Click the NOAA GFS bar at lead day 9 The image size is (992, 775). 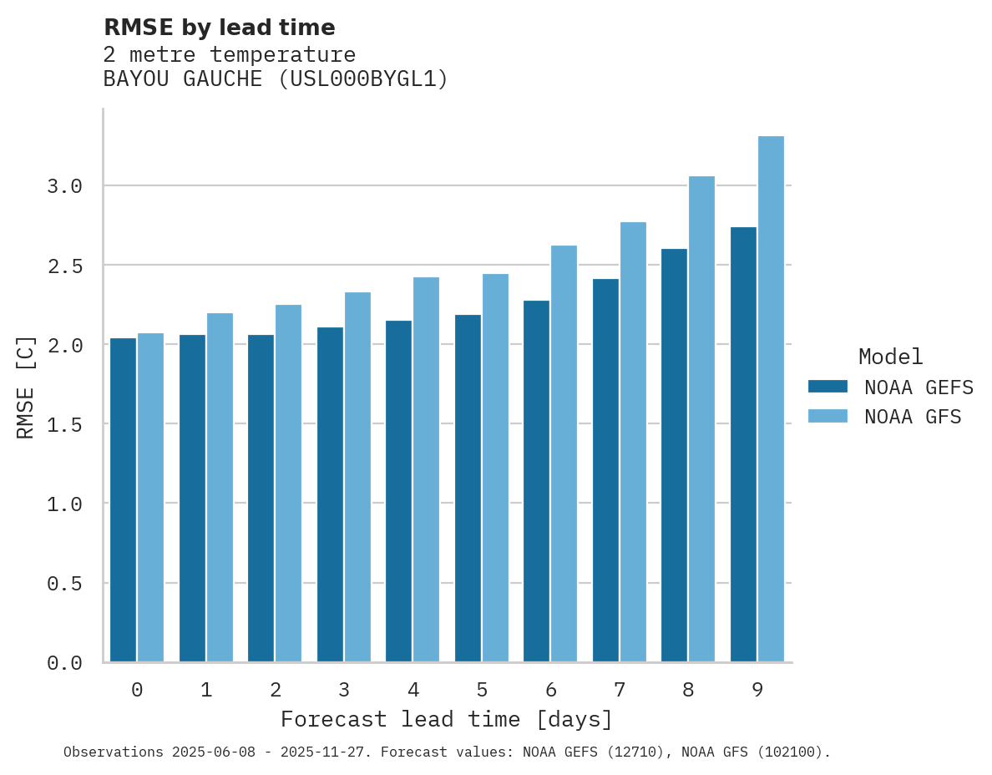click(772, 399)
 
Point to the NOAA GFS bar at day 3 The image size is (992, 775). click(358, 477)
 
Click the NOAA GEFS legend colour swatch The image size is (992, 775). click(828, 387)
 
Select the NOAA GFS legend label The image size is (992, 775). click(913, 417)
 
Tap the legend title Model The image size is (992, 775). click(890, 357)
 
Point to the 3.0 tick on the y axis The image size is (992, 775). click(65, 186)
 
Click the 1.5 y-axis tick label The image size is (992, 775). click(65, 424)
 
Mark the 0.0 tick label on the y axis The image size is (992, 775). click(65, 663)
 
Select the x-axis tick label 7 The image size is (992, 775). click(620, 690)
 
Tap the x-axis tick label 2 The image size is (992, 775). click(275, 690)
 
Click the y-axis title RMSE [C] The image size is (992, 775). click(26, 387)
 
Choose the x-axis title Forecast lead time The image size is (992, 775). click(447, 719)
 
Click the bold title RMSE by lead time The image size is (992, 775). click(219, 28)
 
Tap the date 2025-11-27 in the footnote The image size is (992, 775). click(326, 752)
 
